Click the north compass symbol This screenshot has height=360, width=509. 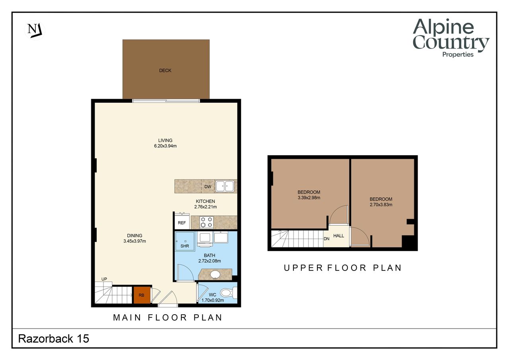(x=35, y=30)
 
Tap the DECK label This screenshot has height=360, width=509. (x=165, y=70)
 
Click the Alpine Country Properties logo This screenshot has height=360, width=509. (x=451, y=38)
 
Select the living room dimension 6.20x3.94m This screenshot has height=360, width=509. (x=165, y=146)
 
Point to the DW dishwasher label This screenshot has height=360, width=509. (x=208, y=187)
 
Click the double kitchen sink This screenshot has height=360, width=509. (x=225, y=186)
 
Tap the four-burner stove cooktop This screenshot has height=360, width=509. (x=206, y=222)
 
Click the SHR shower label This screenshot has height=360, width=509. (x=185, y=246)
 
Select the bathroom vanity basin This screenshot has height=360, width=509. (x=215, y=275)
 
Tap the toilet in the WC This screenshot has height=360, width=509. (x=229, y=292)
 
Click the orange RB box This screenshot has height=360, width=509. (x=142, y=295)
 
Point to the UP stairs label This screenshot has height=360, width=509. (x=104, y=279)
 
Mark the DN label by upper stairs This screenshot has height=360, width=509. (x=326, y=239)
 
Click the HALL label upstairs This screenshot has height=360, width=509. (x=338, y=235)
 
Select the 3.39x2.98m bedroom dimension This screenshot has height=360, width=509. (x=309, y=198)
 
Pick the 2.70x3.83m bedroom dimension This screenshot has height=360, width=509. (x=381, y=204)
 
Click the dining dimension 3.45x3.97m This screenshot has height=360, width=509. (x=135, y=241)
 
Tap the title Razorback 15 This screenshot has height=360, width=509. (x=54, y=339)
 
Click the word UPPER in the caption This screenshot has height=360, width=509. (x=303, y=268)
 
